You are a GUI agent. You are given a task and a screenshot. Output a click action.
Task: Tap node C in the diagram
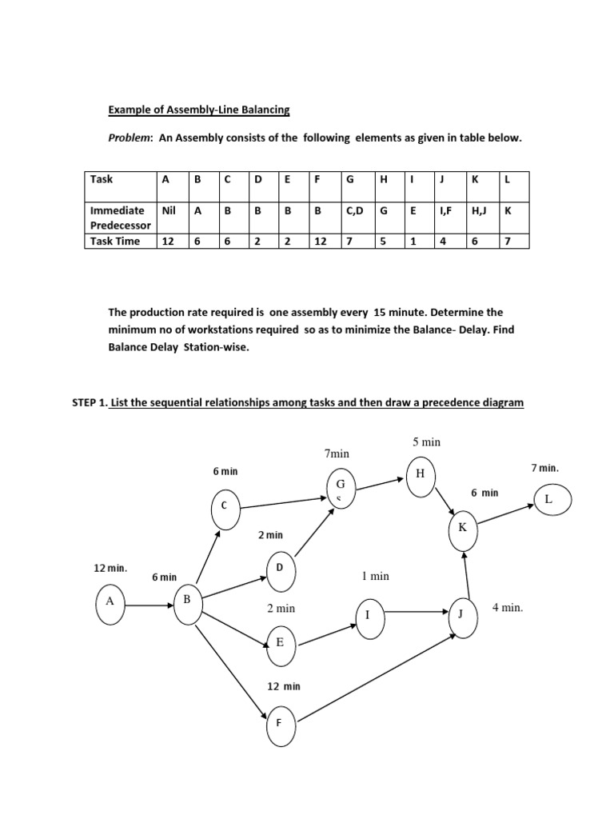pyautogui.click(x=224, y=505)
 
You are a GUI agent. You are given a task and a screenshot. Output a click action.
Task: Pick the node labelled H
pyautogui.click(x=420, y=474)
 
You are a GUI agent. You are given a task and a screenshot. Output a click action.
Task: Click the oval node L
pyautogui.click(x=548, y=499)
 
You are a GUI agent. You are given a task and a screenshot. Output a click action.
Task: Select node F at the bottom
pyautogui.click(x=279, y=723)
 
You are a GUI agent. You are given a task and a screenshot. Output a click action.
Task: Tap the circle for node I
pyautogui.click(x=369, y=616)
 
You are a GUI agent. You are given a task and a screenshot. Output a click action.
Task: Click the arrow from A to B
pyautogui.click(x=147, y=606)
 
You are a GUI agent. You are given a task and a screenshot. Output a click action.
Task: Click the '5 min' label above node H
pyautogui.click(x=427, y=441)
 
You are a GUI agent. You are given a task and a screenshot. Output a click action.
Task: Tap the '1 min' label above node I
pyautogui.click(x=376, y=576)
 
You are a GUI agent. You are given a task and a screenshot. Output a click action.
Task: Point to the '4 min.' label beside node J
pyautogui.click(x=508, y=608)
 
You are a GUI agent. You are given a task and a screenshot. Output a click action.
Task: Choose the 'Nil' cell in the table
pyautogui.click(x=168, y=210)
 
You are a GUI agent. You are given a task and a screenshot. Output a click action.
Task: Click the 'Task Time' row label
pyautogui.click(x=115, y=241)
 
